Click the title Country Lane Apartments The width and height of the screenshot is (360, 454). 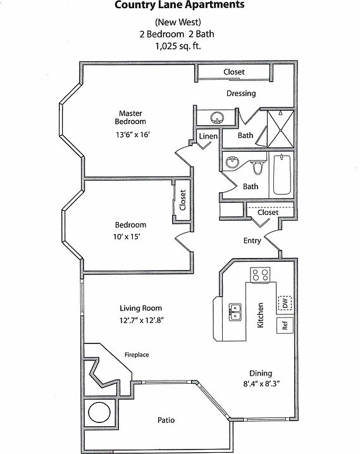point(180,5)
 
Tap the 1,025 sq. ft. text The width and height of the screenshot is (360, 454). point(178,46)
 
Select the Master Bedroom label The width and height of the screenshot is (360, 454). point(130,117)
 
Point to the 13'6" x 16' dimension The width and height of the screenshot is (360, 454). point(133,135)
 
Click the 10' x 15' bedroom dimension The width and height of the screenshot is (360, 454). point(127,237)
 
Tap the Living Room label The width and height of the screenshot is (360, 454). point(140,308)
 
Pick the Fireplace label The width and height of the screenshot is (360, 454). point(137,355)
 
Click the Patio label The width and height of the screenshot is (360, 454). point(166,420)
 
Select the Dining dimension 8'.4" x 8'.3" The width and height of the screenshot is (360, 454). point(261,384)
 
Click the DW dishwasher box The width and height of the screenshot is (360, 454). point(285,303)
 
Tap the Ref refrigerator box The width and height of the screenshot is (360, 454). point(285,326)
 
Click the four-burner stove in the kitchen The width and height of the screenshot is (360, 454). point(260,275)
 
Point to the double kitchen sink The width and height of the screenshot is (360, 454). point(235,312)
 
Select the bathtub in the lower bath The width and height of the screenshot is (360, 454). point(282,175)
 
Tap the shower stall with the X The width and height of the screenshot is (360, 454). point(280,129)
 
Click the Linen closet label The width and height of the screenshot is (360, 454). point(208,136)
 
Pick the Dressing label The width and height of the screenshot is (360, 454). point(241,94)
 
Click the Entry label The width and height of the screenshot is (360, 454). point(252,241)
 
